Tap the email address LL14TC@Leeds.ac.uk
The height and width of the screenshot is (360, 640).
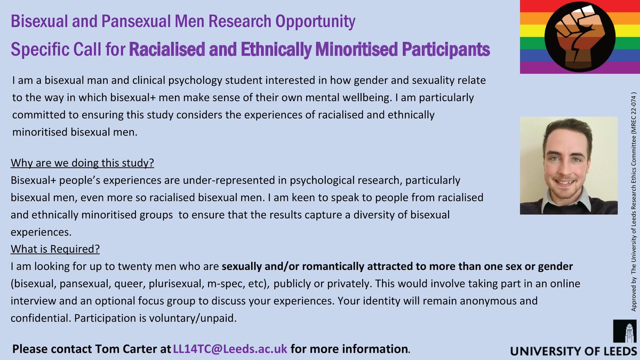[x=230, y=349]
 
